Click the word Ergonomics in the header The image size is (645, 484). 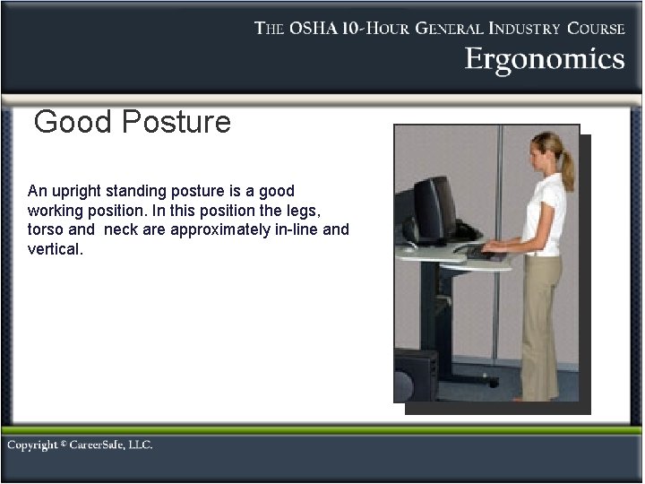544,60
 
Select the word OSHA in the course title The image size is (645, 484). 320,28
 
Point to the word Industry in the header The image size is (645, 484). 520,28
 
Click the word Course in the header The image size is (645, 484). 596,28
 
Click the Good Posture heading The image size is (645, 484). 132,122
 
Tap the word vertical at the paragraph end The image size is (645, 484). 55,248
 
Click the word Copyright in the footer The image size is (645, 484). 33,445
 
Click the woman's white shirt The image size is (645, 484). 545,212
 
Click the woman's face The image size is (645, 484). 539,152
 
